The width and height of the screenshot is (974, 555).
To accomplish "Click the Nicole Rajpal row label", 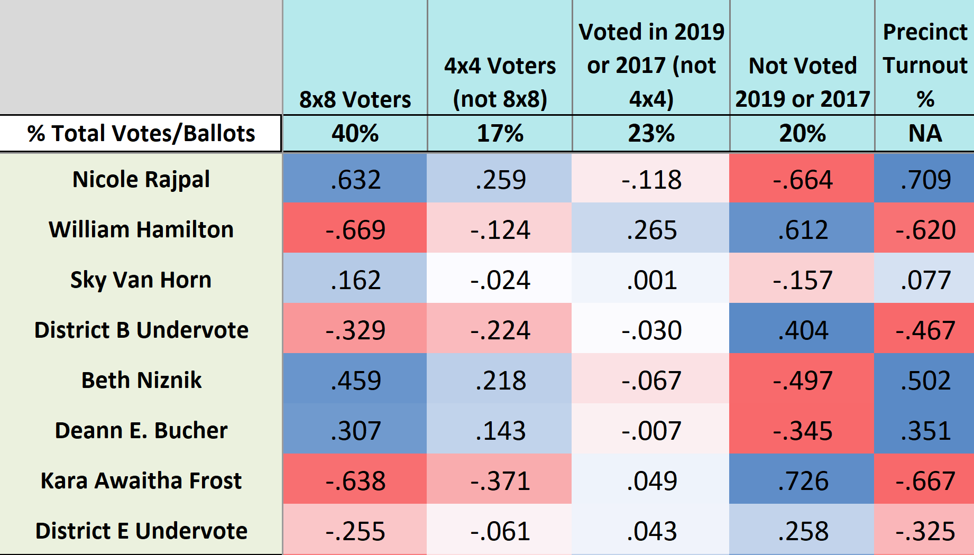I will click(141, 179).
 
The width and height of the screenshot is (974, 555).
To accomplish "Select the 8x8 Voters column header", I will click(355, 99).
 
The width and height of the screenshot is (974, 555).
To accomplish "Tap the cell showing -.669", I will click(355, 230).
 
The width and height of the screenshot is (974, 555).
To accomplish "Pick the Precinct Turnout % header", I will click(925, 66).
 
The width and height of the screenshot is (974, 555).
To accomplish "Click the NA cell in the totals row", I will click(925, 133).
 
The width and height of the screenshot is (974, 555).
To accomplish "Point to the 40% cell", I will click(355, 133).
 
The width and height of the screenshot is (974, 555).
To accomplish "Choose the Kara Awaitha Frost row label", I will click(141, 480).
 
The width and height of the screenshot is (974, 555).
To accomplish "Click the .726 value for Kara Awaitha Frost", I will click(802, 481).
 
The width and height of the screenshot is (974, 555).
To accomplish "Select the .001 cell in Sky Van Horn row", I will click(651, 280).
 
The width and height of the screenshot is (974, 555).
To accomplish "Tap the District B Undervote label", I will click(141, 330).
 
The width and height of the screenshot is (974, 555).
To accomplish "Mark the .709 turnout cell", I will click(925, 180).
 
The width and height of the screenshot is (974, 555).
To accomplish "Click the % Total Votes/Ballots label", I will click(141, 133).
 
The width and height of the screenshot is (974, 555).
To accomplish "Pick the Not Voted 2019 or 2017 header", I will click(802, 82).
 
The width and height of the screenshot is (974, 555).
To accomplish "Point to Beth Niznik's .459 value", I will click(355, 381).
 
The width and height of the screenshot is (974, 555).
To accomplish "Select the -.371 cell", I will click(500, 481).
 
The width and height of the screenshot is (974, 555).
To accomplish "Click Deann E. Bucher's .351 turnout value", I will click(925, 431).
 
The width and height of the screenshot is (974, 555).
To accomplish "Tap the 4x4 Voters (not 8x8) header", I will click(500, 82).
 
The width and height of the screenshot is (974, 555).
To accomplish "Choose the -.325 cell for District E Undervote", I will click(925, 531).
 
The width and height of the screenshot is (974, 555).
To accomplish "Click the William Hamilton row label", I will click(141, 229).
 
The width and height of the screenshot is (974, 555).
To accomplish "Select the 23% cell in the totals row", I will click(651, 133).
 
